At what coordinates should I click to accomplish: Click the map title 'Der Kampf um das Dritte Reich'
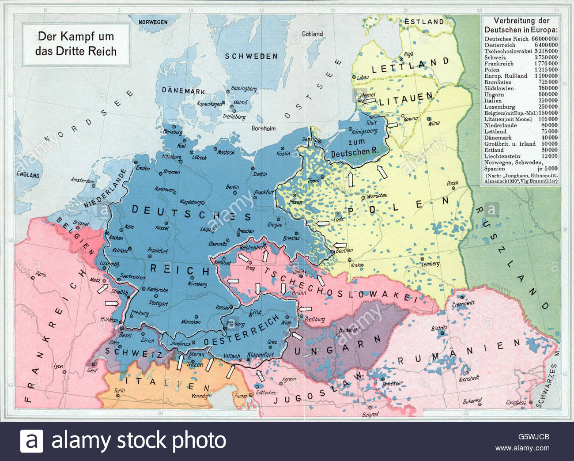click(x=76, y=44)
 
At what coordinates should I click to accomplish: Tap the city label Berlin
click(x=232, y=187)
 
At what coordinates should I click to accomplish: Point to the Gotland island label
click(x=312, y=34)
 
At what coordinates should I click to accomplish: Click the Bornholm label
click(x=263, y=128)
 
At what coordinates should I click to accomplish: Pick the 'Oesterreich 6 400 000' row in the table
click(x=521, y=45)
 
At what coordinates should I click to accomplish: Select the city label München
click(x=191, y=322)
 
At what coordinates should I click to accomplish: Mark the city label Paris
click(x=41, y=274)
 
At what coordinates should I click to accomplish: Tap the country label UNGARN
click(x=337, y=345)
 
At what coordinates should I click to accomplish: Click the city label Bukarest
click(x=472, y=401)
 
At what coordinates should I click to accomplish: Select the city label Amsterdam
click(x=83, y=181)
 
